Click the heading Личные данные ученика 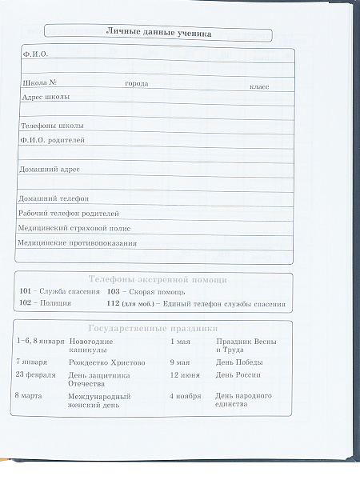pos(158,32)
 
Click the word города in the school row pos(137,84)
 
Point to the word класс pos(259,85)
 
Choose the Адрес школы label pos(46,97)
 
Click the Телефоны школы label pos(52,126)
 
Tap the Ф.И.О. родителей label pos(53,140)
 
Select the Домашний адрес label pos(49,169)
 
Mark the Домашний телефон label pos(54,198)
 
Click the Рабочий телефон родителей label pos(69,214)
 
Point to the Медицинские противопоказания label pos(77,242)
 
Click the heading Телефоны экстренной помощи pos(158,280)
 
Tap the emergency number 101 pos(25,292)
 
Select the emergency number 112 pos(114,304)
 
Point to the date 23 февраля pos(36,374)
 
